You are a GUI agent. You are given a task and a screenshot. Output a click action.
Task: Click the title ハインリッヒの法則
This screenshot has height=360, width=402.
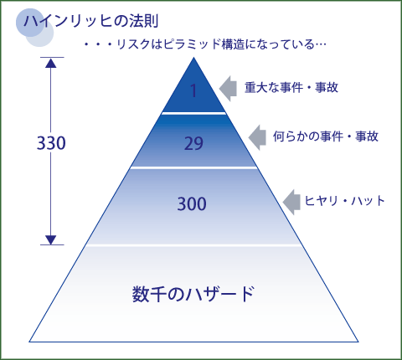tap(91, 21)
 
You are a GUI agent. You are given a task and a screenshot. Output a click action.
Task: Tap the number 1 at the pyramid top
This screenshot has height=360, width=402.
tap(193, 90)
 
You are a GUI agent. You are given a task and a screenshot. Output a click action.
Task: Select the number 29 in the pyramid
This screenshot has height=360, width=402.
tap(193, 144)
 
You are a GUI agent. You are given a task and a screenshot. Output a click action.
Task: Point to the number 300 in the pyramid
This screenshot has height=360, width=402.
tap(192, 203)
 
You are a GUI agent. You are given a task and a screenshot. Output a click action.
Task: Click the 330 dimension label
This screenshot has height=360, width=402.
tap(51, 143)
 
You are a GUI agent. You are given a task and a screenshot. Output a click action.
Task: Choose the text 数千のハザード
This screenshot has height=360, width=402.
tap(193, 294)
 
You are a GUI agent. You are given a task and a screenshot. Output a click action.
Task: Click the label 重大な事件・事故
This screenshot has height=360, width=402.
tap(291, 87)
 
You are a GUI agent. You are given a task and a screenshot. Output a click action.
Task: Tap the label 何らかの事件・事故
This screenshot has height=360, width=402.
tap(326, 136)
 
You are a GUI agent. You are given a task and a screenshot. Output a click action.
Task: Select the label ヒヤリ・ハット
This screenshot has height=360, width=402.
tap(344, 201)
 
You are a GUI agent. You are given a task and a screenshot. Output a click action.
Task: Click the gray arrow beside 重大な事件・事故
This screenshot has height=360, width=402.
tap(228, 88)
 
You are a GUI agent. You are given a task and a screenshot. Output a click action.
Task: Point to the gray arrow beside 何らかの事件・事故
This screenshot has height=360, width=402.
tap(257, 137)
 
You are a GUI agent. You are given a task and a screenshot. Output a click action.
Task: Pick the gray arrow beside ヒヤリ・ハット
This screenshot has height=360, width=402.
tap(291, 202)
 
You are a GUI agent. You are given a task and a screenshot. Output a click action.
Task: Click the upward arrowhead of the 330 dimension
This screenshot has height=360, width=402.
tap(51, 63)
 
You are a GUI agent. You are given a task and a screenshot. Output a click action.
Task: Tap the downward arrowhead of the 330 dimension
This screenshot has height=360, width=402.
tap(51, 240)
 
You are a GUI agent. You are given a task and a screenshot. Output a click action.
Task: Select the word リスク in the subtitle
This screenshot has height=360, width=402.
tap(133, 44)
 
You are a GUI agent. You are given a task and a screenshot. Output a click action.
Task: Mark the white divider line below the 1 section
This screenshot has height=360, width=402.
tap(193, 113)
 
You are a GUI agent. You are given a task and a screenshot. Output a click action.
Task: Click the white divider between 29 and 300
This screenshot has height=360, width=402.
tap(193, 167)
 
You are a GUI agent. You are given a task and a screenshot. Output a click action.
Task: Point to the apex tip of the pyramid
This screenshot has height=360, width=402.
tap(193, 58)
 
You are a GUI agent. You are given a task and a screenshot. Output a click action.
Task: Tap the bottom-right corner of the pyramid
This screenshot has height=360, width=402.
tap(358, 342)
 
